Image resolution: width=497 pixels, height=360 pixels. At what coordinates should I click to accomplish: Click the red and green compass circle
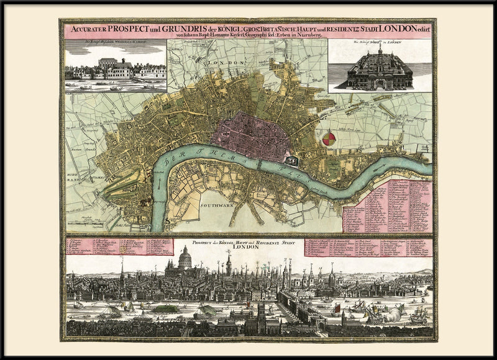point(329,138)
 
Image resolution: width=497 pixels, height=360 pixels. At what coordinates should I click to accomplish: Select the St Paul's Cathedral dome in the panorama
point(185,258)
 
